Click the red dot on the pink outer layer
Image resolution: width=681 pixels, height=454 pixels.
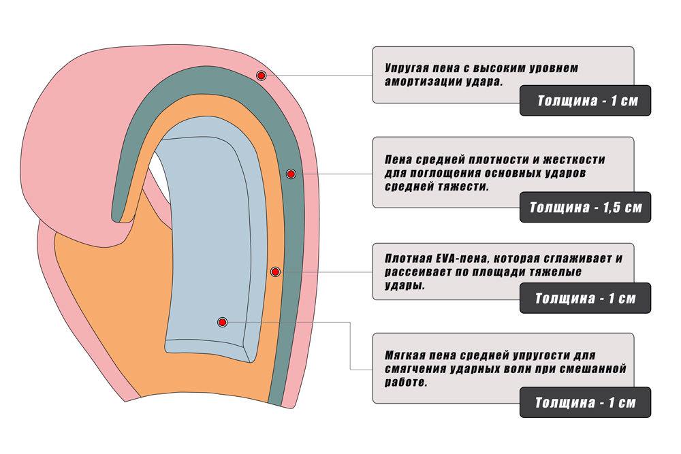tap(261, 76)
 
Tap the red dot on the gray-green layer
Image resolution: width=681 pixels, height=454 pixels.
tap(291, 174)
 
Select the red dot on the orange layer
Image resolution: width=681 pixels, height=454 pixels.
tap(275, 272)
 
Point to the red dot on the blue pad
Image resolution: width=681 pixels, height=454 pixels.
tap(223, 322)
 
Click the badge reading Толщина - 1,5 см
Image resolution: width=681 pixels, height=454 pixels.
tap(585, 207)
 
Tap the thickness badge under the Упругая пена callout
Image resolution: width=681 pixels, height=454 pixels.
tap(585, 100)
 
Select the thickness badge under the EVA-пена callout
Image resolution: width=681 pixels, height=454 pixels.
tap(585, 297)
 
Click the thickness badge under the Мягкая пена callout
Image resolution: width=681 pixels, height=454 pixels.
tap(585, 402)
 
